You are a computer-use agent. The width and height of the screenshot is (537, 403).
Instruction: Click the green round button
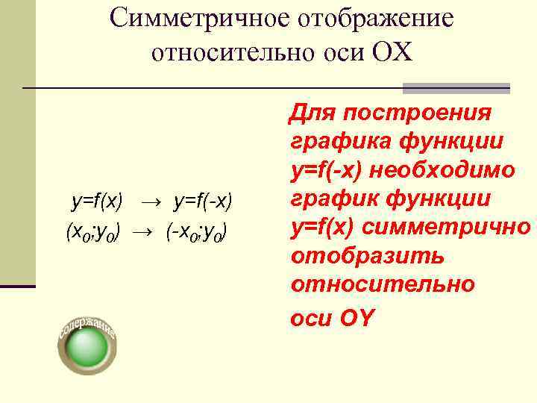tap(87, 347)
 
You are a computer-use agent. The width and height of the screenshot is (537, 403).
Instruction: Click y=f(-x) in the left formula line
tap(203, 201)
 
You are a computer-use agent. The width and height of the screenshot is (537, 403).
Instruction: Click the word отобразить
tap(366, 255)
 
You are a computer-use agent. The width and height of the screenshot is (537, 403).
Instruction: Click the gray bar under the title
tap(456, 88)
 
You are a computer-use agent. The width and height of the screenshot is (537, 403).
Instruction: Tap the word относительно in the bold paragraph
tap(383, 284)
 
